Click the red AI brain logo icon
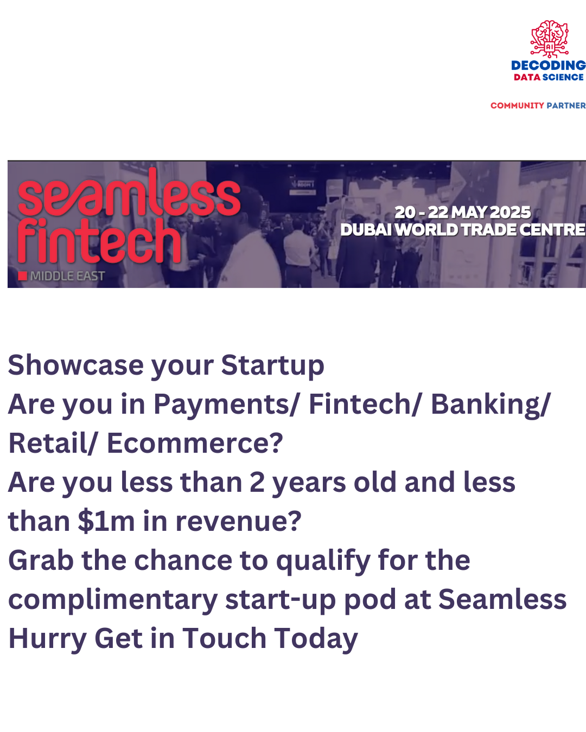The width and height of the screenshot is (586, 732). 549,39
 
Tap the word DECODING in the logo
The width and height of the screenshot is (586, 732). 549,65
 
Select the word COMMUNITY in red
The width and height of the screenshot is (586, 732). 517,105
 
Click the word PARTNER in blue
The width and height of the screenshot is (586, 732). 566,105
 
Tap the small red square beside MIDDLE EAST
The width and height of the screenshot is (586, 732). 22,276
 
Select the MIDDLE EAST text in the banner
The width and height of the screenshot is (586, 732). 67,276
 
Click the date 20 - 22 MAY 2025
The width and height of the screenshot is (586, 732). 462,213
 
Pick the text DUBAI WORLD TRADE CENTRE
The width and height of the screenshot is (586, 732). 463,229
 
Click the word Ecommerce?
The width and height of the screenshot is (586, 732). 195,443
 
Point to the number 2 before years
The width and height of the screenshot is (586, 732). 257,483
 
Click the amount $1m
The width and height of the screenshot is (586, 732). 106,522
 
